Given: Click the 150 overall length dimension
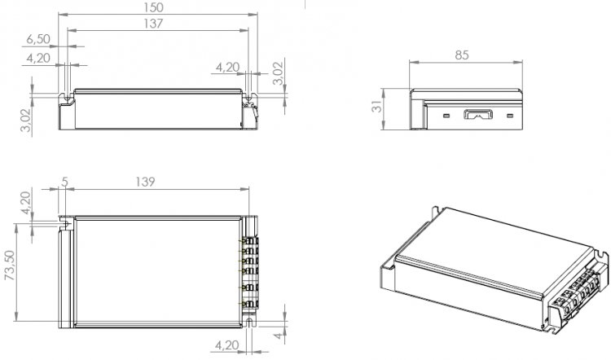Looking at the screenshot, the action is click(153, 8).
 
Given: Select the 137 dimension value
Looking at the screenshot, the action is click(153, 24).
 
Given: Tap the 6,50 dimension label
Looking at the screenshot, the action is click(38, 39).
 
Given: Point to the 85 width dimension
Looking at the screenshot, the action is click(462, 55).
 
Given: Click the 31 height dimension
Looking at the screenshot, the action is click(377, 107).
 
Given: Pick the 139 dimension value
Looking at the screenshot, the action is click(145, 182).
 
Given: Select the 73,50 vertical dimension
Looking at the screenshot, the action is click(10, 265).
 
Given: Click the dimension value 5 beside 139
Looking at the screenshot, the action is click(64, 182).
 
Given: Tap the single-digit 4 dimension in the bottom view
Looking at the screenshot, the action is click(279, 335).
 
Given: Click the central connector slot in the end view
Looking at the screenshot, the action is click(477, 115).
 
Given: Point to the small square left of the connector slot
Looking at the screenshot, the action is click(446, 116).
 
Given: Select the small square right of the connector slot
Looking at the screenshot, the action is click(510, 116).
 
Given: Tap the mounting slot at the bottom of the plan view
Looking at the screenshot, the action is click(250, 322).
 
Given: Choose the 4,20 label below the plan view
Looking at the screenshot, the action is click(227, 345).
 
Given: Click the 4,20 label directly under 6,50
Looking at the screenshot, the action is click(38, 58).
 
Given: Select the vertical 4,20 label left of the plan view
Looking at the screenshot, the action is click(26, 203).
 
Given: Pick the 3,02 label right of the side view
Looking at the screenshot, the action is click(279, 73).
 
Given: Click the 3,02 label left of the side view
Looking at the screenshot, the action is click(26, 121).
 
